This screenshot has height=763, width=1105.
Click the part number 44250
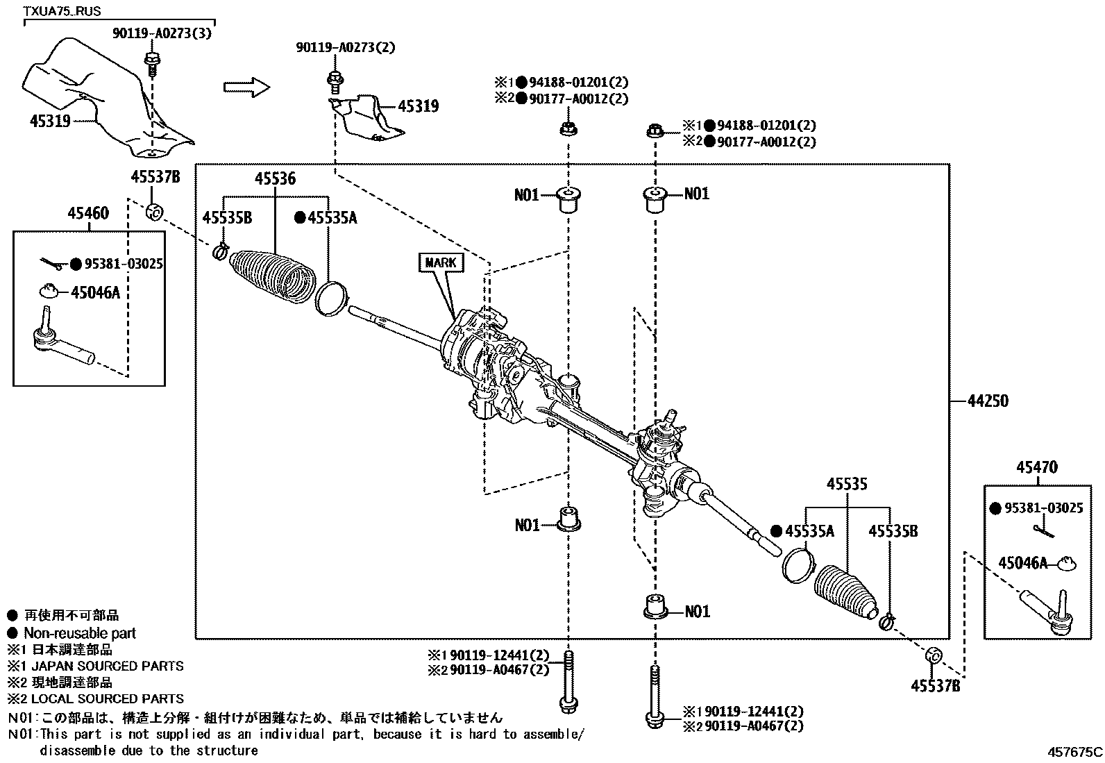pyautogui.click(x=988, y=401)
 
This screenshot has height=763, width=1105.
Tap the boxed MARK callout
pyautogui.click(x=441, y=263)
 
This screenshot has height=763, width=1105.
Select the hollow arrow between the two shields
pyautogui.click(x=246, y=87)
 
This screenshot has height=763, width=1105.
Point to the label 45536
pyautogui.click(x=275, y=179)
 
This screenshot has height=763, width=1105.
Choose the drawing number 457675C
pyautogui.click(x=1075, y=752)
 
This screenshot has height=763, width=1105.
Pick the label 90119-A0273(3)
pyautogui.click(x=162, y=33)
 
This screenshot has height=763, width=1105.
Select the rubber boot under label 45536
pyautogui.click(x=270, y=276)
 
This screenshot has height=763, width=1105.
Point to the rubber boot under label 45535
pyautogui.click(x=845, y=592)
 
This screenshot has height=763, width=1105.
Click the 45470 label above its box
pyautogui.click(x=1037, y=467)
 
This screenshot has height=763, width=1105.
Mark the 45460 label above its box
pyautogui.click(x=88, y=213)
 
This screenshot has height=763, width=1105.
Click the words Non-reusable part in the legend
pyautogui.click(x=80, y=633)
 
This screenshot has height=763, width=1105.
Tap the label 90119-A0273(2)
pyautogui.click(x=336, y=47)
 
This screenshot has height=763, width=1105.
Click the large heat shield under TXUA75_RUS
pyautogui.click(x=111, y=104)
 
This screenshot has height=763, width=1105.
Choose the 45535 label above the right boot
pyautogui.click(x=847, y=484)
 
